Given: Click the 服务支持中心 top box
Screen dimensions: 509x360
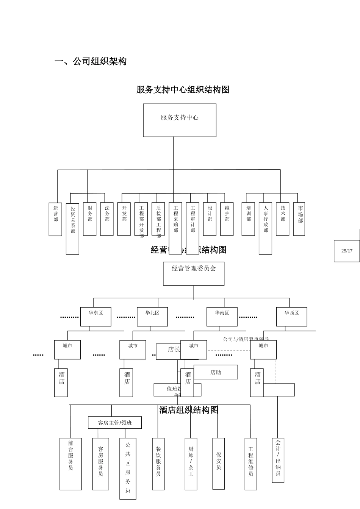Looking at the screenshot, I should (180, 120).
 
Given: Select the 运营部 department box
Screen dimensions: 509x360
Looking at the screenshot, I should (55, 219).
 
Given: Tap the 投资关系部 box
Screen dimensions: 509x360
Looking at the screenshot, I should (72, 228).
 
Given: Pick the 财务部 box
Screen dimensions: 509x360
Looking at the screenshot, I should (90, 219).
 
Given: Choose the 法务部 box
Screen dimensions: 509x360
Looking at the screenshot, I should (107, 219).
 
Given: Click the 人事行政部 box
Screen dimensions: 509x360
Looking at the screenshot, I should (265, 228).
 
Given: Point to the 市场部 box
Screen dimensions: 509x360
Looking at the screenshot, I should (299, 219).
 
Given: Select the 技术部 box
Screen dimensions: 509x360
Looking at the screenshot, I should (282, 219).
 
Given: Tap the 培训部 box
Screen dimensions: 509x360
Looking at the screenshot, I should (248, 219).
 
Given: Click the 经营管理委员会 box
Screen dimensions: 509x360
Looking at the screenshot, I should (194, 273).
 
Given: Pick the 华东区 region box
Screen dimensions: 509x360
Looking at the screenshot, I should (96, 317).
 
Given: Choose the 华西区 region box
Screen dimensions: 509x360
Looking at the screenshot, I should (292, 317).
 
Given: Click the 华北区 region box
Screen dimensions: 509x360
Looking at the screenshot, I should (152, 317).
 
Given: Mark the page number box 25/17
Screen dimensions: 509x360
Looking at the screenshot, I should (347, 251).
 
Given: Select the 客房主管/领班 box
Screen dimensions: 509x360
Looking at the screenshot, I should (115, 423).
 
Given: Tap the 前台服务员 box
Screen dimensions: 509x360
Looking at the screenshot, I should (70, 464).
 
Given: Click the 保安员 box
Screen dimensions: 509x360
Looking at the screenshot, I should (219, 464).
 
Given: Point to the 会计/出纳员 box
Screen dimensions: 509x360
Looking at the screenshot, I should (278, 460).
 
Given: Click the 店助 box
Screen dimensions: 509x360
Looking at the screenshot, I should (216, 372).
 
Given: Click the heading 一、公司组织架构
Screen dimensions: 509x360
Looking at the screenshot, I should (91, 61).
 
